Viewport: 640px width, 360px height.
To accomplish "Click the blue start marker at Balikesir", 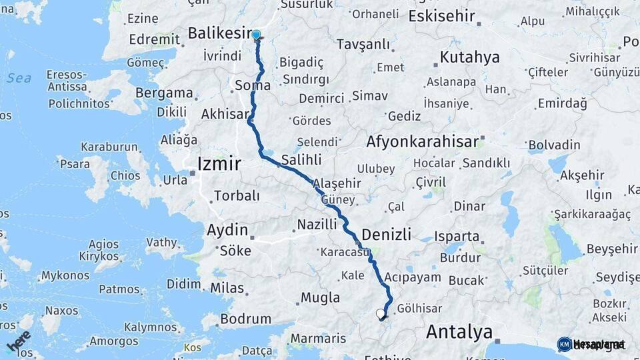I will coord(256,35).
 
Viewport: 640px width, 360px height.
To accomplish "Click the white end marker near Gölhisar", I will coord(380,313).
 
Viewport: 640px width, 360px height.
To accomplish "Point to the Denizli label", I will coord(386,234).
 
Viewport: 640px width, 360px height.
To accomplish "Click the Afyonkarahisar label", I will coord(423,141).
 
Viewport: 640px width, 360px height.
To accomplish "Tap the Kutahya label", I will coord(469,57).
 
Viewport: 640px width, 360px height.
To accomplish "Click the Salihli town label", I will coord(301,160).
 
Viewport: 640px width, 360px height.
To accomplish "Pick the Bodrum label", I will coord(245,319).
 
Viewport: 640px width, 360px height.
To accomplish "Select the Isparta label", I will coord(457,236).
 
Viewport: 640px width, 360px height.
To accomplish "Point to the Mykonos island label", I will coord(65,275).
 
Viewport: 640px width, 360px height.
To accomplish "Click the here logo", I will coord(19,341).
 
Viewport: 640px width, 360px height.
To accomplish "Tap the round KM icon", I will coord(564,344).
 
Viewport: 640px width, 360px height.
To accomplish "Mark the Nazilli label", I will coord(317,224).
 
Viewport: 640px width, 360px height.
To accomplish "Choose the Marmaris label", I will coord(319,339).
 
